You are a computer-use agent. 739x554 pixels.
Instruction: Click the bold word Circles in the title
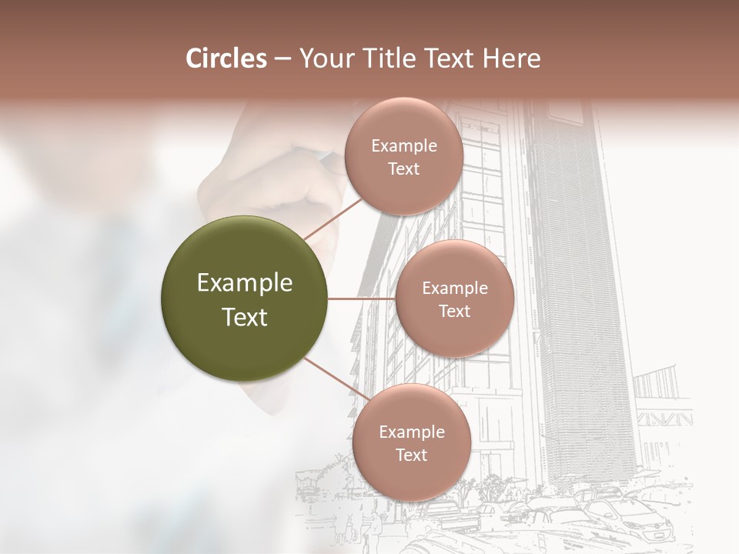[226, 58]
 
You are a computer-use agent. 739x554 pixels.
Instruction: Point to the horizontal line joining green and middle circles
[361, 299]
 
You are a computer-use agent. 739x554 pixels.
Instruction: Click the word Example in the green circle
[245, 283]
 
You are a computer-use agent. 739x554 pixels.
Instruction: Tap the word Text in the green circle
[245, 317]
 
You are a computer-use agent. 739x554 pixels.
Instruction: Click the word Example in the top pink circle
[403, 146]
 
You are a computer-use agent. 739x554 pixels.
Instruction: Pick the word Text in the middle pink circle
[454, 312]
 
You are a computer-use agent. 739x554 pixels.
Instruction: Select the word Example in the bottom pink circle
[412, 432]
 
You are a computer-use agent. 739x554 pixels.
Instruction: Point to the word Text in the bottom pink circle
[412, 455]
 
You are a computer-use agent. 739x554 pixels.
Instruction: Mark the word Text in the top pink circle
[403, 169]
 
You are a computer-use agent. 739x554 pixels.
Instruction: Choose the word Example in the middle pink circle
[454, 289]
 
